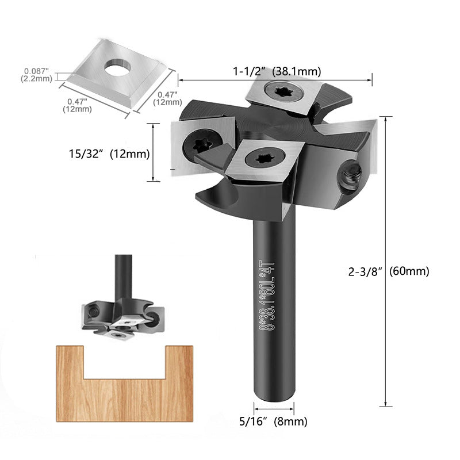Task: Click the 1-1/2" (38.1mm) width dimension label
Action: click(277, 72)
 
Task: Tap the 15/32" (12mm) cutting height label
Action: click(108, 154)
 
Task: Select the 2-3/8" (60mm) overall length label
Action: click(389, 272)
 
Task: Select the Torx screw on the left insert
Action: click(202, 143)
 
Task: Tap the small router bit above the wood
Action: click(122, 313)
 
